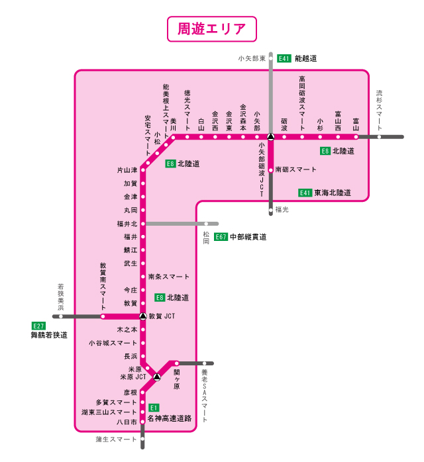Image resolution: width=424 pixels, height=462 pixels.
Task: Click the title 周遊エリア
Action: (212, 30)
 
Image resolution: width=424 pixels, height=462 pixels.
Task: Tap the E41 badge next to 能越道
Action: (284, 58)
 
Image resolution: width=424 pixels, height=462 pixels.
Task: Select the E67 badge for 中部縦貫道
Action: (221, 236)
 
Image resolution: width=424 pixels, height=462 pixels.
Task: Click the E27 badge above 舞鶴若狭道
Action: (38, 326)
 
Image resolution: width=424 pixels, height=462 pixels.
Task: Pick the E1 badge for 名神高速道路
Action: (154, 408)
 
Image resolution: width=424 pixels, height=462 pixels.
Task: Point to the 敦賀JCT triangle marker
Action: (142, 316)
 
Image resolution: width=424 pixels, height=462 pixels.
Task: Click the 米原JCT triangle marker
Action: (157, 377)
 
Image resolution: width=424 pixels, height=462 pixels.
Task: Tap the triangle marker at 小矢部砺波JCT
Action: (270, 137)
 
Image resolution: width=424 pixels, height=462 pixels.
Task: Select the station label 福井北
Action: (126, 224)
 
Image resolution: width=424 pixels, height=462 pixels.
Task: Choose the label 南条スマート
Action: (168, 277)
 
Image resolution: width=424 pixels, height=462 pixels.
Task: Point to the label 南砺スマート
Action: (295, 169)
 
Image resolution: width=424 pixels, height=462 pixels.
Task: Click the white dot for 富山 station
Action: (356, 137)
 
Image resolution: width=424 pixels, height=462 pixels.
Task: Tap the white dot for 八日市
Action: (142, 421)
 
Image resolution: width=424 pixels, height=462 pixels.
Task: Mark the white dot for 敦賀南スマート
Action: (103, 316)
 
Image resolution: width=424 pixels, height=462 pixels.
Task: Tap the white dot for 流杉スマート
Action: (380, 137)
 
